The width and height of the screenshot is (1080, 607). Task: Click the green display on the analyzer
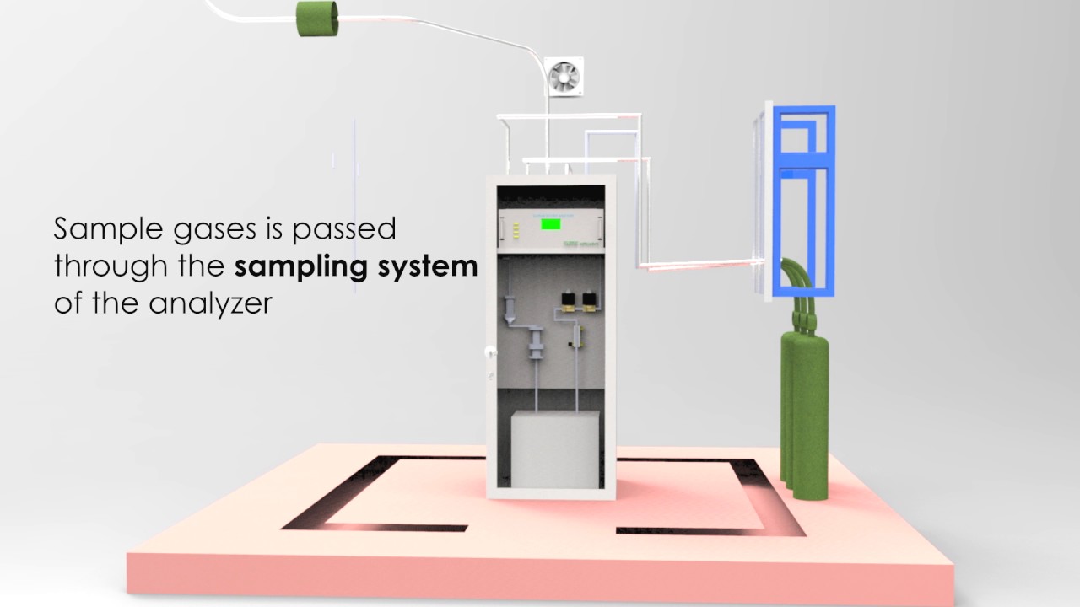[551, 224]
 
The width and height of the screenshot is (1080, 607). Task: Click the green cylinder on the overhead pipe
[317, 19]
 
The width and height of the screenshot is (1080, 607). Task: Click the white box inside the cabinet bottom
[556, 449]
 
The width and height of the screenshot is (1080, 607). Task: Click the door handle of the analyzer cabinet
[489, 352]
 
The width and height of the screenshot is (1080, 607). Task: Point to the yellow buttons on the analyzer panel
[510, 228]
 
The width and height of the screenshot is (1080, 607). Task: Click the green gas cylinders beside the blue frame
[804, 405]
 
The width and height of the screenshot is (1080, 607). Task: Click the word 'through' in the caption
[96, 267]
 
